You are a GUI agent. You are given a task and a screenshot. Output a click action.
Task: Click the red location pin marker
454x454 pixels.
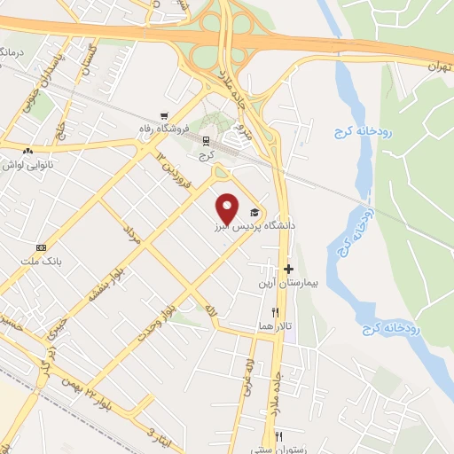coord(228,207)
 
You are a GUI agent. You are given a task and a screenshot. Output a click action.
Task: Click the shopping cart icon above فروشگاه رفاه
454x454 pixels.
coord(165,116)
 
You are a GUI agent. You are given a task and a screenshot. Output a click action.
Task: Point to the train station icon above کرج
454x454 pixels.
coord(207,140)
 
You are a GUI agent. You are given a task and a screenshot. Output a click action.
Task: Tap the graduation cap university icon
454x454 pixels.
coord(255,213)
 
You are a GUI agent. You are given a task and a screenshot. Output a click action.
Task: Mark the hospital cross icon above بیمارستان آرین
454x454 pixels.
coord(288,268)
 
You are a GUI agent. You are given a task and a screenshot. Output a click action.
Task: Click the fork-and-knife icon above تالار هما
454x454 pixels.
coord(276,312)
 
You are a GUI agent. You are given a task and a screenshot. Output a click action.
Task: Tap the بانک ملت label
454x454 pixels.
coord(41,262)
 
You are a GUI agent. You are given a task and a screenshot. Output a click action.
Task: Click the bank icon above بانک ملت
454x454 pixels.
coord(41,247)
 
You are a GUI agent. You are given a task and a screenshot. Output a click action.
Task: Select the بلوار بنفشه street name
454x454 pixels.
coord(112,282)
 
